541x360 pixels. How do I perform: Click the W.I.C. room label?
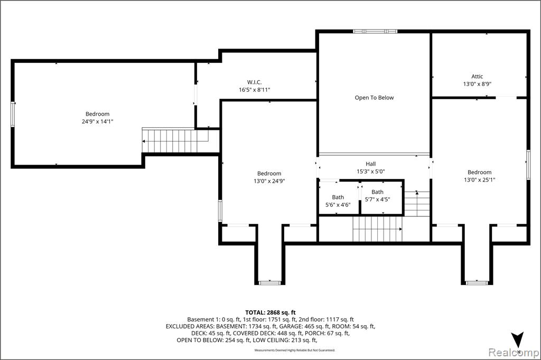coord(254,82)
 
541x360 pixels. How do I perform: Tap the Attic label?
coord(477,77)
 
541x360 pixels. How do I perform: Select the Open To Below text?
coord(375,98)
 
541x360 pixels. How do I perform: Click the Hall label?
coord(370,164)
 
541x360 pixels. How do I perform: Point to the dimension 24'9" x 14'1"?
coord(97,121)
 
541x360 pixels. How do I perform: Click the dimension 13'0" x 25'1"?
coord(480,179)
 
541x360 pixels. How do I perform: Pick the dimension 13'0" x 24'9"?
coord(269,181)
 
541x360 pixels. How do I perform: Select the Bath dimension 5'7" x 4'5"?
coord(377,200)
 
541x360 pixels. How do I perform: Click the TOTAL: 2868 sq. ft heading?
coord(270,313)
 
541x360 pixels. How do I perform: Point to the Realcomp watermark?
coord(514,353)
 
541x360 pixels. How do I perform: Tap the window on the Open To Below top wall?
coord(375,31)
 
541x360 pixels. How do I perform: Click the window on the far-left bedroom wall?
coord(13,114)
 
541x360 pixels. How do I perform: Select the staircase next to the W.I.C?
coord(175,140)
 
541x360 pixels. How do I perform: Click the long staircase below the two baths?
coord(377,229)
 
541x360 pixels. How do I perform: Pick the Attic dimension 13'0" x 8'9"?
coord(477,84)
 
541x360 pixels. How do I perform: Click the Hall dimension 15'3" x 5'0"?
coord(370,172)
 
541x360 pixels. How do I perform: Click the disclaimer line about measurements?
coord(295,350)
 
